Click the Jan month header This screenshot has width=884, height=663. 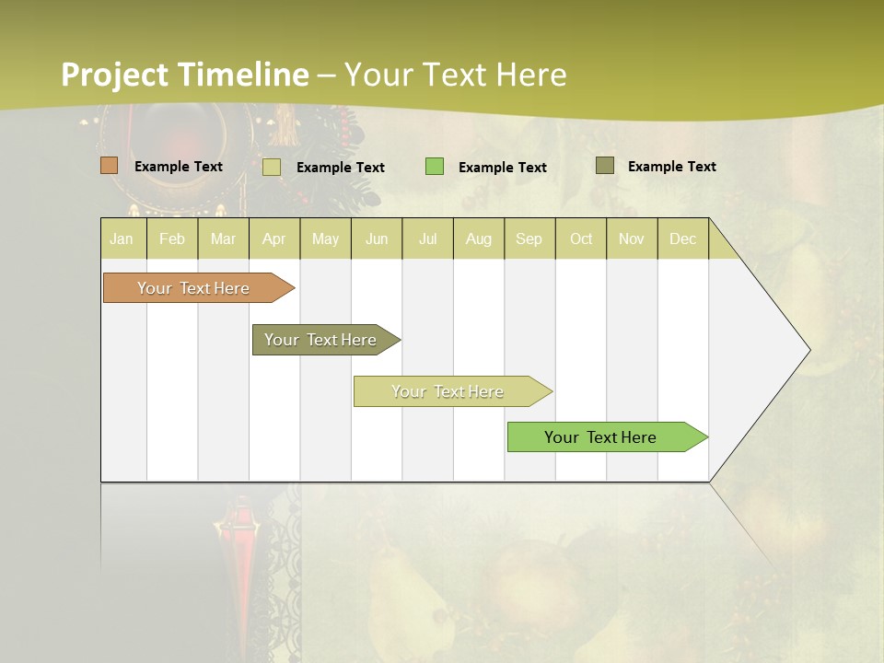(x=122, y=238)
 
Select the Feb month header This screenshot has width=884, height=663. (x=172, y=238)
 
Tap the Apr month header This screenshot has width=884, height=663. (x=274, y=238)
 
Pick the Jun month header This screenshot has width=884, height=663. (x=377, y=238)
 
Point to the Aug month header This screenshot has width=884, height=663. (x=479, y=238)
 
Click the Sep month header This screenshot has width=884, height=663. (x=529, y=238)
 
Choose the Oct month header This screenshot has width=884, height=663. (x=581, y=238)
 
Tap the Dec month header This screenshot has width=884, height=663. (x=682, y=238)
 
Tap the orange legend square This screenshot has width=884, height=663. (x=110, y=166)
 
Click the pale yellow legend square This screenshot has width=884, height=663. (x=272, y=167)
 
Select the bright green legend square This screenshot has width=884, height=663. (x=435, y=167)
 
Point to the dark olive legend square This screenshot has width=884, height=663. (x=605, y=166)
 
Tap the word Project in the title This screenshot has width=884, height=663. (x=115, y=75)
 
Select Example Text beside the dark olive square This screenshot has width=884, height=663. (x=671, y=167)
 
